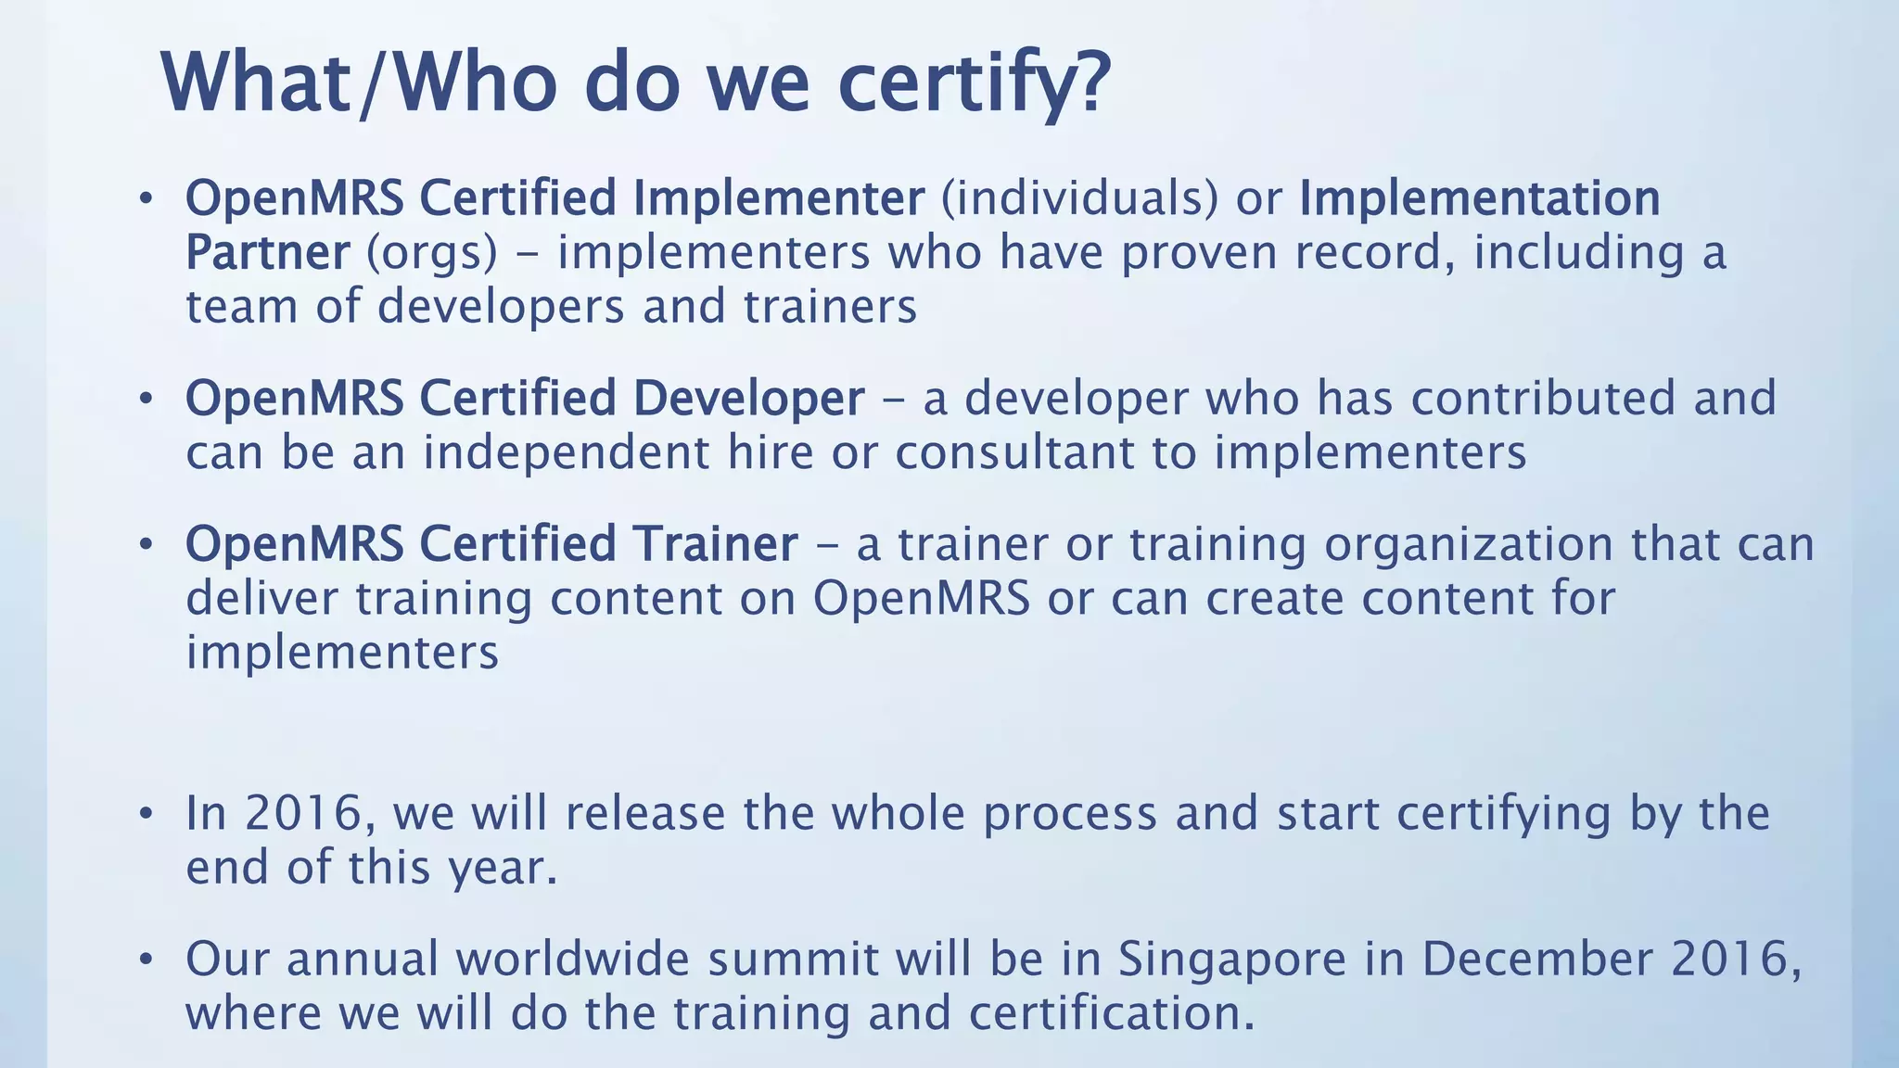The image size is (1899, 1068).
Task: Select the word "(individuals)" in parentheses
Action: (1079, 197)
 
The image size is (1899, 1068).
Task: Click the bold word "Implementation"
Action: (1479, 197)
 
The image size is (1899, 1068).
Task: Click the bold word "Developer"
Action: (749, 398)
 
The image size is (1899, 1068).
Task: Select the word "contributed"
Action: (1544, 398)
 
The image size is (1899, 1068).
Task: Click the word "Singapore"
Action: (1231, 958)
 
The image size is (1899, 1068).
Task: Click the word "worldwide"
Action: (571, 958)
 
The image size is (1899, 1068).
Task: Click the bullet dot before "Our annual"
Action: (145, 960)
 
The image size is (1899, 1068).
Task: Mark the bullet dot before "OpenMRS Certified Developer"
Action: (145, 400)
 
